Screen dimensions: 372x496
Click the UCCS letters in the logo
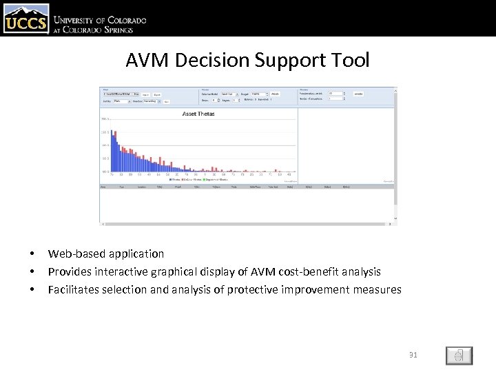pyautogui.click(x=26, y=25)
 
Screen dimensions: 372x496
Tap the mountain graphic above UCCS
pyautogui.click(x=26, y=11)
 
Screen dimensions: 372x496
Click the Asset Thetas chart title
pyautogui.click(x=198, y=114)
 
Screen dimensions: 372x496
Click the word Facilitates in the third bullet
pyautogui.click(x=74, y=290)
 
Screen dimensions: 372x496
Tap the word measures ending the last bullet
pyautogui.click(x=378, y=290)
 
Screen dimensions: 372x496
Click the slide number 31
pyautogui.click(x=413, y=355)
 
